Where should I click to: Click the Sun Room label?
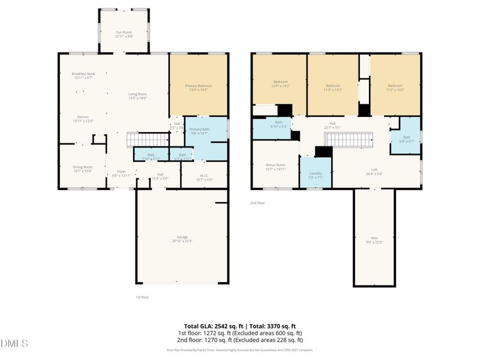tap(123, 34)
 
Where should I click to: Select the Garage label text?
tap(182, 239)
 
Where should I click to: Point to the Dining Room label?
tap(83, 169)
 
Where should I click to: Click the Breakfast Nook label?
tap(83, 76)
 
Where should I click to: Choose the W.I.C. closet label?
tap(205, 178)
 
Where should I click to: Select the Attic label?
tap(374, 240)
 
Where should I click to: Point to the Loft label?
tap(374, 172)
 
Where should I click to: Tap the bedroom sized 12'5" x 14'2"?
tap(280, 84)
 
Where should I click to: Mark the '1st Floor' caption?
tap(142, 297)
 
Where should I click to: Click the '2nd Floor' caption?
tap(257, 203)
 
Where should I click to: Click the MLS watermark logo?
tap(14, 344)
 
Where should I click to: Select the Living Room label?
tap(138, 96)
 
